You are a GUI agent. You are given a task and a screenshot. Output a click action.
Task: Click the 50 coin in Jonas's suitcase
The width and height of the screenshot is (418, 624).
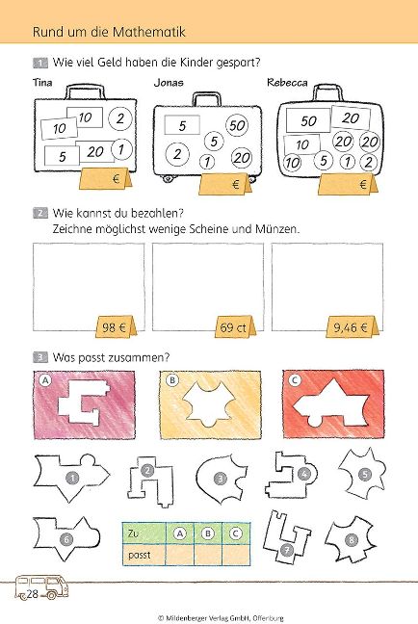click(237, 126)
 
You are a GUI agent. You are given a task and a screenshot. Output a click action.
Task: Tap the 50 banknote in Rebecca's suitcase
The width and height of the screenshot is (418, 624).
click(308, 120)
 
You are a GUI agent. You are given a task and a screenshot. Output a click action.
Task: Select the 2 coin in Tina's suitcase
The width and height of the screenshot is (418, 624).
click(120, 118)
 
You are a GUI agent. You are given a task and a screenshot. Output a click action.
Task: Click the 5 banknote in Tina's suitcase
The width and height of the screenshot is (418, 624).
click(62, 156)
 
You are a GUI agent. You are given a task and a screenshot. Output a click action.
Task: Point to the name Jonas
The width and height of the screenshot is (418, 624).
click(169, 83)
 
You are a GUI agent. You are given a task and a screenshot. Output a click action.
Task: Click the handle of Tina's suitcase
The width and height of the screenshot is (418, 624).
click(85, 91)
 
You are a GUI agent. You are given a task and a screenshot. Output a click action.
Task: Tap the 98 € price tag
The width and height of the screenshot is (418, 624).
click(115, 327)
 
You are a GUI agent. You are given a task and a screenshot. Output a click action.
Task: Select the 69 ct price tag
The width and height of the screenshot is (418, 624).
click(234, 327)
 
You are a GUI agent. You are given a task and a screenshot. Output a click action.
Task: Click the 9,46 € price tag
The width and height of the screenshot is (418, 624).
click(352, 327)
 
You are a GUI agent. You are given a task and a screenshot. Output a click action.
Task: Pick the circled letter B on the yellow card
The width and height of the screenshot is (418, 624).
click(172, 380)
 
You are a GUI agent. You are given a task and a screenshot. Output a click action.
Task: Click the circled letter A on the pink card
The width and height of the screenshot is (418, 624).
click(46, 380)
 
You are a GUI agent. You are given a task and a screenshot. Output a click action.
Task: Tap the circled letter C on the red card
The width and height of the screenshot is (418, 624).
click(295, 380)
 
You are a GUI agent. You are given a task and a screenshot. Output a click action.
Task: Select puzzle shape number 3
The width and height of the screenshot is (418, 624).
click(221, 479)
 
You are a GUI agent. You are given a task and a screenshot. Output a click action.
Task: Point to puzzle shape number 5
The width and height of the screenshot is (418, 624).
click(363, 474)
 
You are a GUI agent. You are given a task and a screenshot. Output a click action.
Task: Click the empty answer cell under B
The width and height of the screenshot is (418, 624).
click(208, 554)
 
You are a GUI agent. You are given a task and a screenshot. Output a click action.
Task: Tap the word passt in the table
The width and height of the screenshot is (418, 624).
click(140, 555)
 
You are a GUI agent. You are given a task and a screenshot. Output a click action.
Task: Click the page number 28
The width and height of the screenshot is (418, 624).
click(32, 594)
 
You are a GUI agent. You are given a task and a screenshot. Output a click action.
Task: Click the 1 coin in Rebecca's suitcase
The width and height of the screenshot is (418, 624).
click(348, 162)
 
